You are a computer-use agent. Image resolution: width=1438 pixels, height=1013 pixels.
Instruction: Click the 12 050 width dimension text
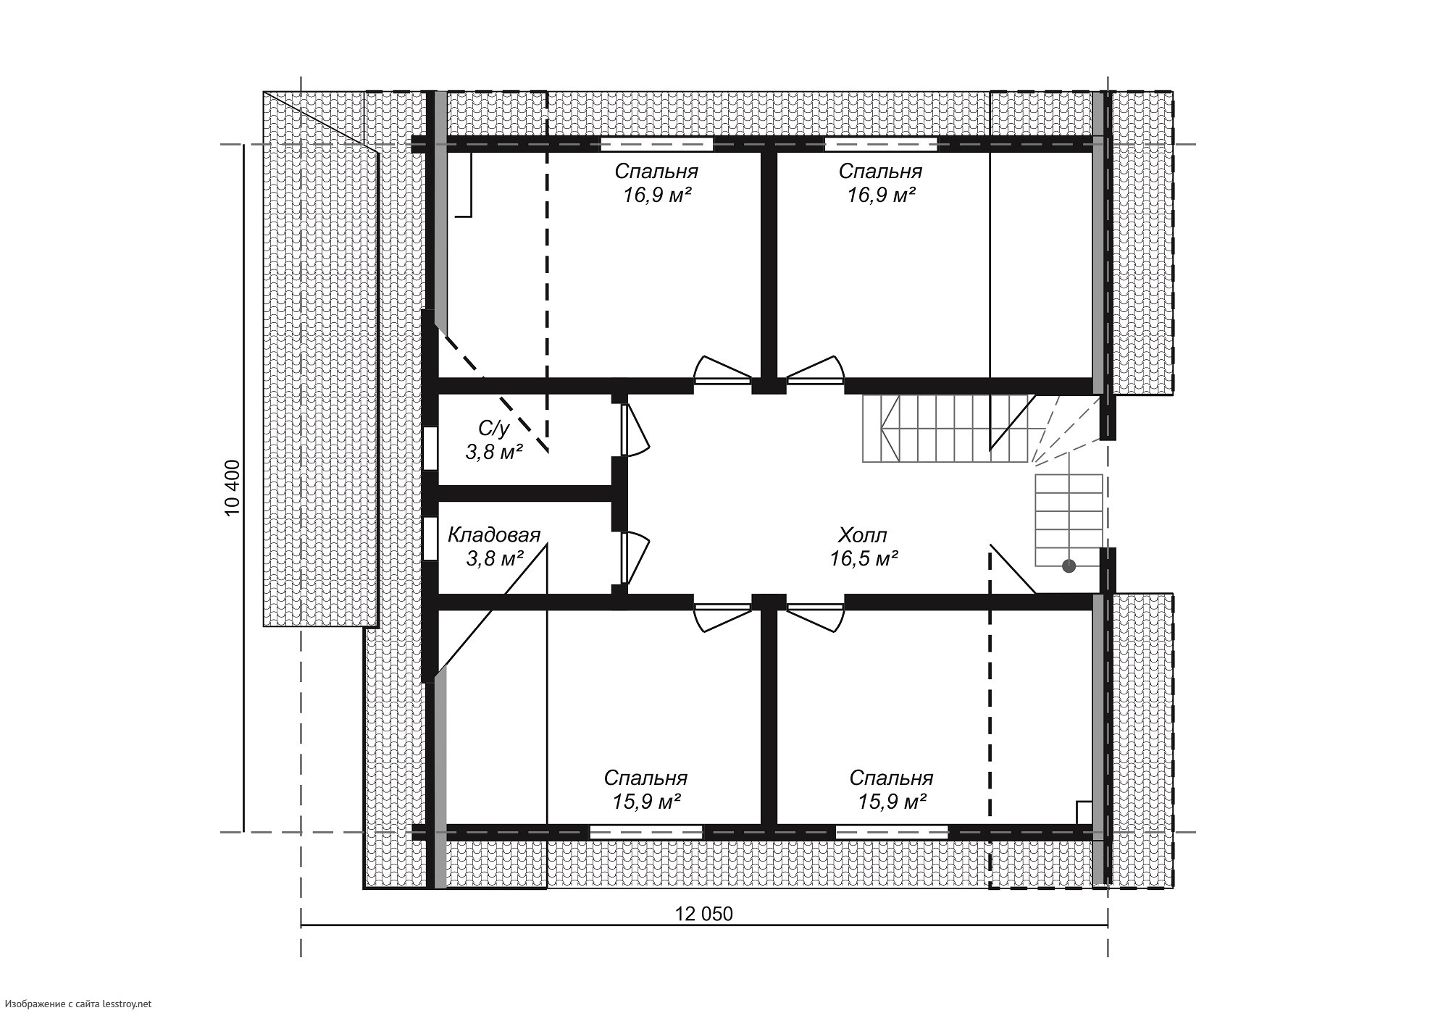click(x=704, y=914)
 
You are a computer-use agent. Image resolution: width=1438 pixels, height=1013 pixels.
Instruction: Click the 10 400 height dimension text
click(x=233, y=488)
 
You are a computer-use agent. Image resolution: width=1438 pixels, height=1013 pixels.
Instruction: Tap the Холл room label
click(x=862, y=536)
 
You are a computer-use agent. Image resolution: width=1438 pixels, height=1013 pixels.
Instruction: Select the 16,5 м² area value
click(x=864, y=558)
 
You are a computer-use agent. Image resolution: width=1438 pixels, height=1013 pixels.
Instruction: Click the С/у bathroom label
click(x=493, y=429)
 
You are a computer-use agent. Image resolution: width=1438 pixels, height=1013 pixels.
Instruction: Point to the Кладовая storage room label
click(x=494, y=535)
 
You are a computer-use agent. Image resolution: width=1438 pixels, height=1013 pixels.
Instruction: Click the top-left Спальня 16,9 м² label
click(x=656, y=183)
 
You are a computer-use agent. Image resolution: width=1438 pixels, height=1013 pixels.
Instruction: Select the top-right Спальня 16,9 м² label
click(x=880, y=183)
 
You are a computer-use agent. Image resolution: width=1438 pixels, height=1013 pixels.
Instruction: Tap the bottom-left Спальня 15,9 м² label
click(x=645, y=790)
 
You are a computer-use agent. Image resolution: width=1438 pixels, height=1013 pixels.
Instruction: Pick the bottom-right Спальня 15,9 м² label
click(x=891, y=790)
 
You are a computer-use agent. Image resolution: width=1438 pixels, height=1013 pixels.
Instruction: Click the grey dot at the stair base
click(x=1069, y=566)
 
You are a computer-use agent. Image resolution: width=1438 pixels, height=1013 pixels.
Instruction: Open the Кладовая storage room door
click(x=635, y=559)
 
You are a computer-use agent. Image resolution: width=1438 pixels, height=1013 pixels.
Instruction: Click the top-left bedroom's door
click(x=722, y=371)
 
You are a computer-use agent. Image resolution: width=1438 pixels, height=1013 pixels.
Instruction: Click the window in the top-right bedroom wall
click(x=881, y=144)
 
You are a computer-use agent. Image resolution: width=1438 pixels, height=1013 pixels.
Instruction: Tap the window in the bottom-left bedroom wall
click(x=646, y=832)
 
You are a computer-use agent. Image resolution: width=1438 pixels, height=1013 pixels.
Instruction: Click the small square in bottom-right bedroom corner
click(x=1084, y=812)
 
